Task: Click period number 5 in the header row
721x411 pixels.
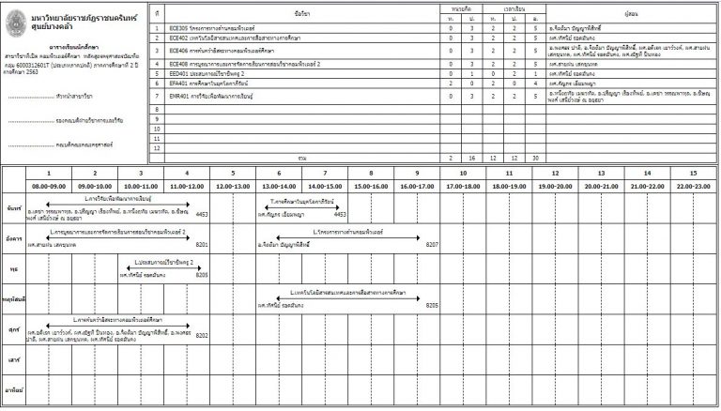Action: pos(232,174)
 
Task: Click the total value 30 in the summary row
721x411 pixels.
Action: pos(535,158)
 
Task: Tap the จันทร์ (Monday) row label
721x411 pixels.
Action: pos(13,206)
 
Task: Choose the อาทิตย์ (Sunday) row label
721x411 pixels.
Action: pos(13,388)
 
